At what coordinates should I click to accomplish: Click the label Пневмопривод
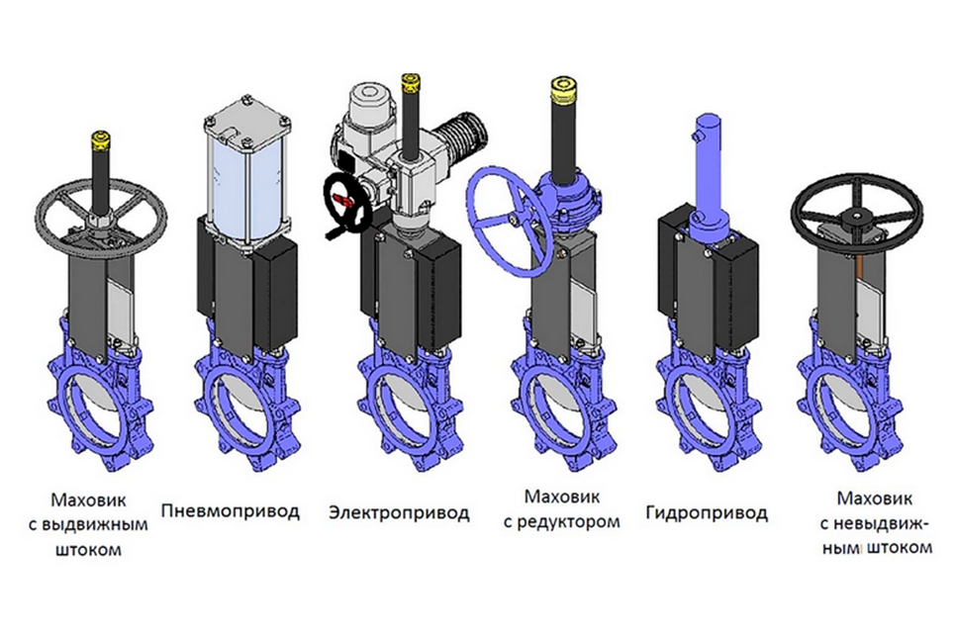(231, 510)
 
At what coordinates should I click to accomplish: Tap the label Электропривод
(400, 512)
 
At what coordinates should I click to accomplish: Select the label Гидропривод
(707, 513)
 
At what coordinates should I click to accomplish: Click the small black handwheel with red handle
(347, 203)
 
